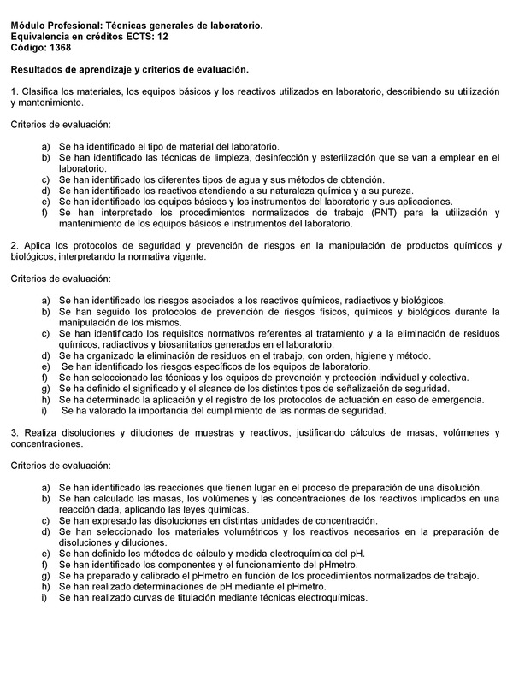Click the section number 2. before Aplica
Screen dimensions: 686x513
point(15,246)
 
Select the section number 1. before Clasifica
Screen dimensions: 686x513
point(15,91)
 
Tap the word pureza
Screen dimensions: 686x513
point(394,191)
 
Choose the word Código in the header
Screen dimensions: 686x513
point(29,49)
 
